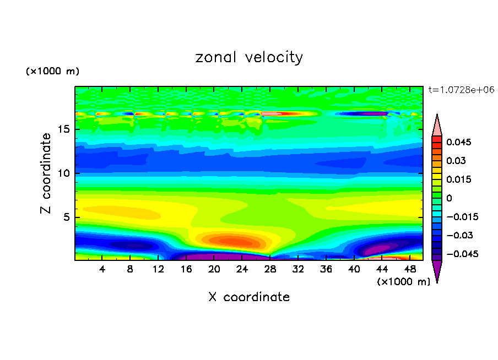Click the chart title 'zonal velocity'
click(x=249, y=57)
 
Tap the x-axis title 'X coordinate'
click(x=249, y=297)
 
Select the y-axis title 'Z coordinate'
click(x=47, y=173)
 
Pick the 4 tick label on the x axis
click(x=102, y=269)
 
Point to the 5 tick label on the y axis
click(x=64, y=217)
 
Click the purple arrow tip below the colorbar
click(x=437, y=271)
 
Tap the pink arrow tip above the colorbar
click(x=437, y=125)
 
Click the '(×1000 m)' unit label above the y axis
click(x=53, y=72)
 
